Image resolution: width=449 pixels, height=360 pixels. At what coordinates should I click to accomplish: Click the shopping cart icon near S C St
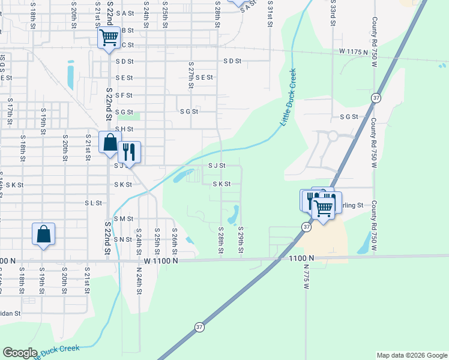[x=109, y=38]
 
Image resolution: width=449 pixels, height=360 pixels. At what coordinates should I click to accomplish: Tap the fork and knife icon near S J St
[x=129, y=151]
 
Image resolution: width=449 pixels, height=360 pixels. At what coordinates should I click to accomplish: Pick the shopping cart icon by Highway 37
[x=324, y=208]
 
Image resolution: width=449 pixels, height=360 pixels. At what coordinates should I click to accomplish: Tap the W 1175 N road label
[x=353, y=52]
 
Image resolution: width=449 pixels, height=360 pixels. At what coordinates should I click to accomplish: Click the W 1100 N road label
[x=160, y=261]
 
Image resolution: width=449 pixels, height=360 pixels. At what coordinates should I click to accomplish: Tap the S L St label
[x=93, y=203]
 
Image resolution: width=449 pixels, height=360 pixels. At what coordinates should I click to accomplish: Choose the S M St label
[x=122, y=219]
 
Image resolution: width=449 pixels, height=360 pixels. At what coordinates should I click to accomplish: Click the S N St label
[x=122, y=239]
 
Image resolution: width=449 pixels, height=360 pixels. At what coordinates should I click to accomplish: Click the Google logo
[x=20, y=353]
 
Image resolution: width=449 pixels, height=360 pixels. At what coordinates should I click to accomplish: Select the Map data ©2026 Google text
[x=411, y=355]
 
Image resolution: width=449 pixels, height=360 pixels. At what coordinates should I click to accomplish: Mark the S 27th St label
[x=191, y=74]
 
